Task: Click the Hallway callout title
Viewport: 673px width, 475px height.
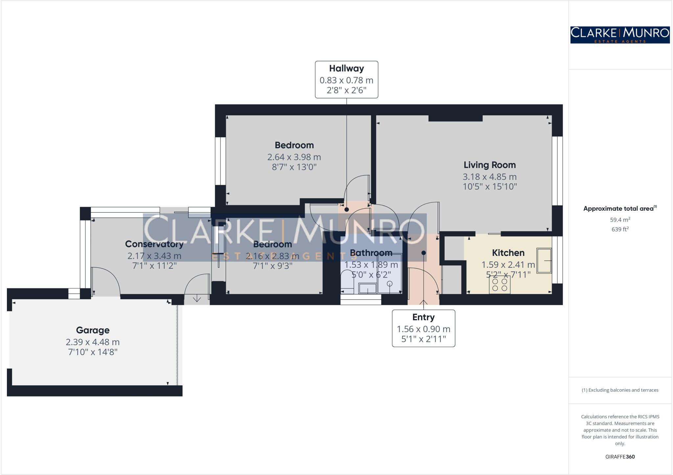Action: (x=346, y=68)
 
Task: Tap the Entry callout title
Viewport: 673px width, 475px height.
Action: (x=423, y=317)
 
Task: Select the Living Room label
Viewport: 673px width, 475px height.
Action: (x=489, y=165)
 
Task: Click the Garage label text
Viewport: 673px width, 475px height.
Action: (x=93, y=330)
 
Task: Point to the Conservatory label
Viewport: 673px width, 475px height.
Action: (x=154, y=244)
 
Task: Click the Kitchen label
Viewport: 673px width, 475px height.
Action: (x=508, y=253)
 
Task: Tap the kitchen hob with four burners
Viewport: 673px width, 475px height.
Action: (x=499, y=284)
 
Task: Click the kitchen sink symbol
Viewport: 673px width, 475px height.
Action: (x=544, y=260)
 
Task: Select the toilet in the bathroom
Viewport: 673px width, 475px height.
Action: (x=347, y=281)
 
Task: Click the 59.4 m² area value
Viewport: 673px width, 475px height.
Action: (x=620, y=220)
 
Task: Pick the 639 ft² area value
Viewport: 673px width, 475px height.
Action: (x=620, y=229)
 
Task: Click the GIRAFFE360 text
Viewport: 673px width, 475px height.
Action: (x=620, y=457)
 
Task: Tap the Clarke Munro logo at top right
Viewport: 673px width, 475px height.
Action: (x=620, y=35)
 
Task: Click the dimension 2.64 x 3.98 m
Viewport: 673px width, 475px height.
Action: (x=294, y=157)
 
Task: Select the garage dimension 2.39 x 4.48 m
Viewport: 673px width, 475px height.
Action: (x=93, y=342)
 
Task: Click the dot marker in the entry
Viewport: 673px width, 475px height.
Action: (x=424, y=253)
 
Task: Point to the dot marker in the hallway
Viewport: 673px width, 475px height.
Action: (x=346, y=209)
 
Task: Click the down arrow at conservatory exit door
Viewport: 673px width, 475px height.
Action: (x=197, y=298)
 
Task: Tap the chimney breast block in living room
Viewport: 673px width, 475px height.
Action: (x=455, y=118)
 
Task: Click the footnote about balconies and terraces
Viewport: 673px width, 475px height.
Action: (x=620, y=390)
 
